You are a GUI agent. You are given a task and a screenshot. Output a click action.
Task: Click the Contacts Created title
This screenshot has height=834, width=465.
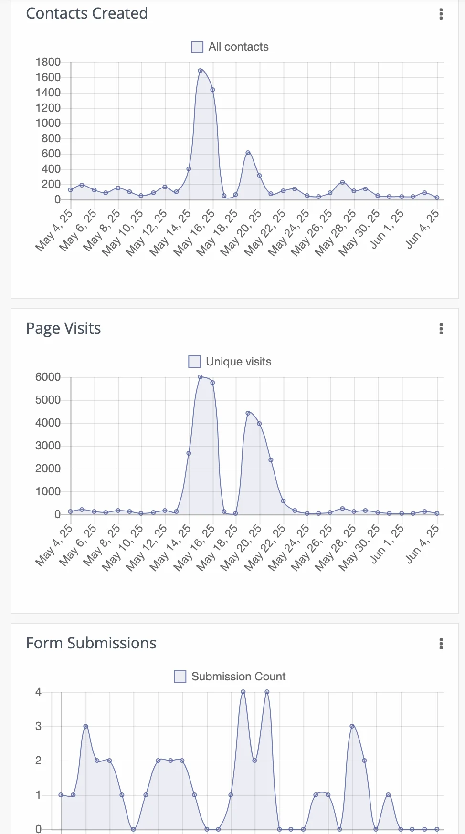(87, 13)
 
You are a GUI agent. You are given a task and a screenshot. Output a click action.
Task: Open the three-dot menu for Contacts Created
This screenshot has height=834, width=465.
(441, 14)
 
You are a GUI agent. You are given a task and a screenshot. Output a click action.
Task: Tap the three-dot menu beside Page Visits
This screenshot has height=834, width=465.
(441, 329)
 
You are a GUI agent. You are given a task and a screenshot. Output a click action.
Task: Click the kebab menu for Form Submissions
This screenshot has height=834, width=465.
(441, 644)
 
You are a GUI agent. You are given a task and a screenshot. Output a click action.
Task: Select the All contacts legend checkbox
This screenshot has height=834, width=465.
(197, 47)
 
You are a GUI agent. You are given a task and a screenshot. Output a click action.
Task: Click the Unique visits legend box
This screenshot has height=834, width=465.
(194, 362)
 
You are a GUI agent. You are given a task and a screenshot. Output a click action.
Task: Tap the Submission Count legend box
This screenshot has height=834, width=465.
(180, 677)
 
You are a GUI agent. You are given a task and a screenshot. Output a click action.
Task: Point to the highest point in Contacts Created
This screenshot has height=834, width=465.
(201, 71)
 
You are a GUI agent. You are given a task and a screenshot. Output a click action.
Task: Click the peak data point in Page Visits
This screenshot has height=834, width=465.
(201, 377)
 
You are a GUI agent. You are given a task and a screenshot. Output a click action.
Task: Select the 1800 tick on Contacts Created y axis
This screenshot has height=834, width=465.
(48, 62)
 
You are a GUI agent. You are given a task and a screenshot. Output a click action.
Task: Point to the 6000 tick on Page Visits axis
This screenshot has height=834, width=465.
(48, 377)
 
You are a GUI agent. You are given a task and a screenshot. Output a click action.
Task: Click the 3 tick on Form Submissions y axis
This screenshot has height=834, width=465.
(39, 726)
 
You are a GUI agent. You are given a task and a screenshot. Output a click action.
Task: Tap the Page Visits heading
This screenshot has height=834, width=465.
(63, 328)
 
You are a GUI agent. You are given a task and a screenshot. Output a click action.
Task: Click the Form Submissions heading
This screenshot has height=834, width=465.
(91, 643)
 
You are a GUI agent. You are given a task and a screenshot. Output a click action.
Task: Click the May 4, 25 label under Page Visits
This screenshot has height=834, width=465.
(54, 545)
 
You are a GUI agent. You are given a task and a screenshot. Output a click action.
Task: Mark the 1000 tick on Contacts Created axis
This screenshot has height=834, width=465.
(48, 123)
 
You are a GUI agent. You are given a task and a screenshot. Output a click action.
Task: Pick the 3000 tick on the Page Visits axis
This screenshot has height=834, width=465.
(48, 446)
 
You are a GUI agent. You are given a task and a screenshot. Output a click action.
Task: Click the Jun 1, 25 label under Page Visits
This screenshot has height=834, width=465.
(387, 544)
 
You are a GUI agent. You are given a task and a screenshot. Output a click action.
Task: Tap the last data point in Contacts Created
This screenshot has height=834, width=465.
(437, 198)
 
